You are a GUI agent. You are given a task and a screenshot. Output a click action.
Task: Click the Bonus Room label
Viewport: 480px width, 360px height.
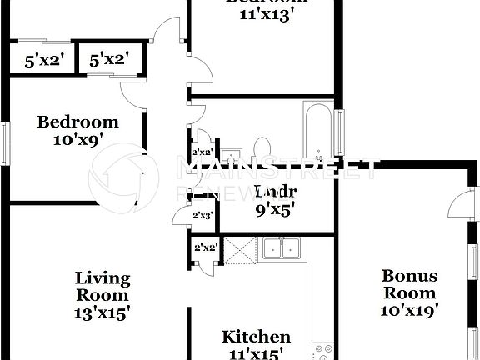pyautogui.click(x=408, y=284)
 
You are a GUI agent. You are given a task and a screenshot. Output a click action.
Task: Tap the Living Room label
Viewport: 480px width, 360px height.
pyautogui.click(x=102, y=287)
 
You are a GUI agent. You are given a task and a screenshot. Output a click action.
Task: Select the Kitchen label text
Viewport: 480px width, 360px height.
pyautogui.click(x=256, y=337)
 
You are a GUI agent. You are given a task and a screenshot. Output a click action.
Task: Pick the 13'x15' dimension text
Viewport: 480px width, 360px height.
pyautogui.click(x=104, y=312)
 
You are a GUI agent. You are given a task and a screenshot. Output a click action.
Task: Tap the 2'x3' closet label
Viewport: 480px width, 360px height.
pyautogui.click(x=202, y=215)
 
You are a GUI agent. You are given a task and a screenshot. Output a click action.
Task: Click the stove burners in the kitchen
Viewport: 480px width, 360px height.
pyautogui.click(x=321, y=352)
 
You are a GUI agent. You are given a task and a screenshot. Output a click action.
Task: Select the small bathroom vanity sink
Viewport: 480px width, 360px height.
pyautogui.click(x=230, y=154)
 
